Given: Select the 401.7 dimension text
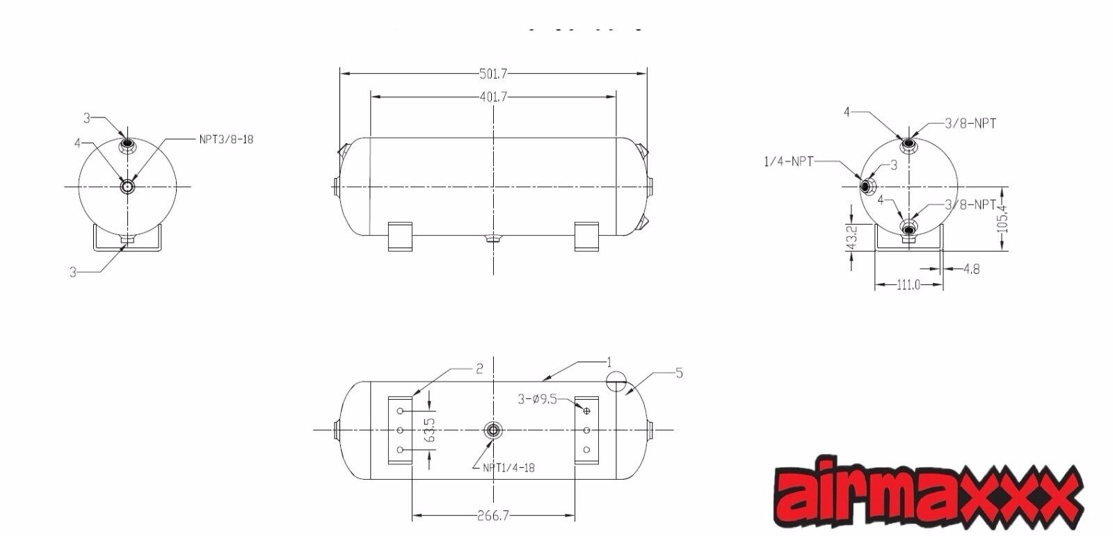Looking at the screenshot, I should [493, 97].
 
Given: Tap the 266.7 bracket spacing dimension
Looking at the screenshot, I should [494, 517].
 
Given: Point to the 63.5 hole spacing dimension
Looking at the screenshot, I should [429, 430].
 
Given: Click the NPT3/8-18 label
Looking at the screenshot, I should [226, 139].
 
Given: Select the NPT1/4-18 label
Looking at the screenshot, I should [509, 468].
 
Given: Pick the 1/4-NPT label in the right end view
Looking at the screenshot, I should [788, 161].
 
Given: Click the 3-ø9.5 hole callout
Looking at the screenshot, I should [537, 399].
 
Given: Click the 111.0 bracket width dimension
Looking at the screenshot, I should [908, 285].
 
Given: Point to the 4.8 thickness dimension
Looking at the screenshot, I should [972, 269].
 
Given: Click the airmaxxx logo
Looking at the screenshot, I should [929, 496].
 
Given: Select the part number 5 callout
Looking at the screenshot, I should [679, 373].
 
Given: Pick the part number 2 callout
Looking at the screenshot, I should [479, 370].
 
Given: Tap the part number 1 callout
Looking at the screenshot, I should [609, 362].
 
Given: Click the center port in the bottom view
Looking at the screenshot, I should [493, 430].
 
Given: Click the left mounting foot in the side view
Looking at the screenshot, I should [399, 236].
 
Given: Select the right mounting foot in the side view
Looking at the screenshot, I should [586, 236].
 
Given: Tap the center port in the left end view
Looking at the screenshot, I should [128, 186].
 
